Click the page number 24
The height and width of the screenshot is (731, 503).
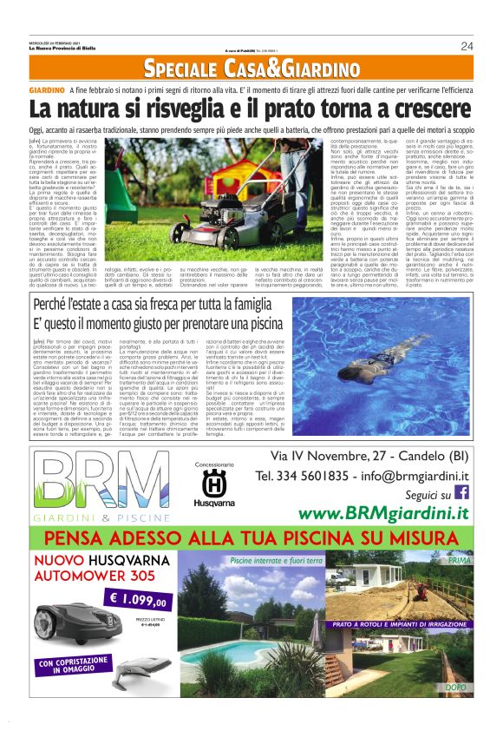coord(467,46)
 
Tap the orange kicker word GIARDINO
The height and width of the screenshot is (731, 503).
coord(47,90)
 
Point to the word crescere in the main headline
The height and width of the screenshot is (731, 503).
coord(423,109)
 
